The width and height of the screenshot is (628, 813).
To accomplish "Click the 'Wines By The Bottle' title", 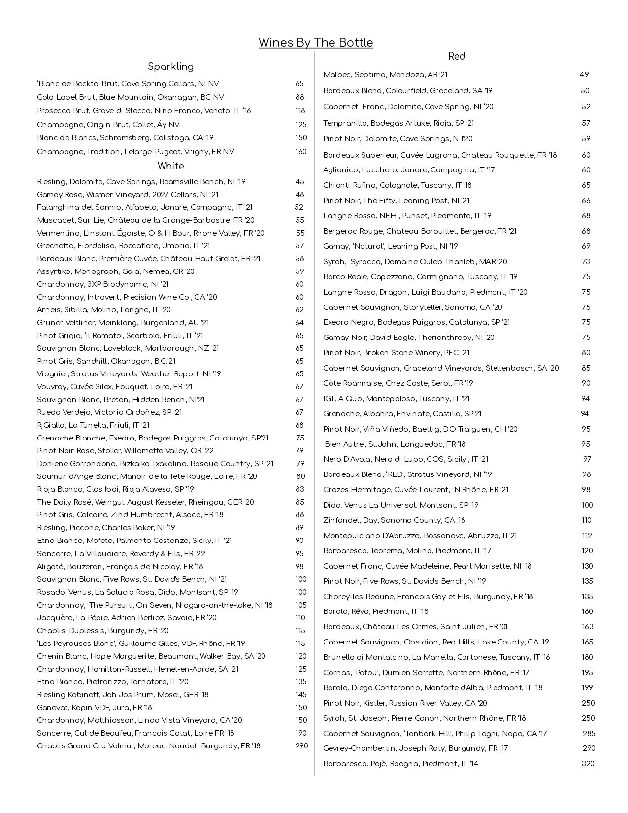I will [x=316, y=43].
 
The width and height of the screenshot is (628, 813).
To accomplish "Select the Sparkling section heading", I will [x=170, y=67].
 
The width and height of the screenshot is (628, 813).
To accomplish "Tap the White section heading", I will [x=170, y=166].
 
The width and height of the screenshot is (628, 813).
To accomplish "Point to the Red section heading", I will [x=457, y=56].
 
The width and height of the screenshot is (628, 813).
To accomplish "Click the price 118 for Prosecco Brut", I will [x=300, y=111].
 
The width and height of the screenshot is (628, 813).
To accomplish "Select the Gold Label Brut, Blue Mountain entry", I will [x=130, y=97].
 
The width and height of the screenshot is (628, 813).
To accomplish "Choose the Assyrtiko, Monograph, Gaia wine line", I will [x=116, y=271].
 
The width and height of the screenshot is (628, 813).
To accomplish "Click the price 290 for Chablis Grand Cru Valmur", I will [x=301, y=746].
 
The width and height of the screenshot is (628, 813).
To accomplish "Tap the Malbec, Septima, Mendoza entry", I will [x=385, y=75].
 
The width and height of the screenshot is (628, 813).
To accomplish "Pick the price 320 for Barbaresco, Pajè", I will [x=588, y=764].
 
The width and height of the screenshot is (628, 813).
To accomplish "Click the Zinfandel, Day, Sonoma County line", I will [x=394, y=520].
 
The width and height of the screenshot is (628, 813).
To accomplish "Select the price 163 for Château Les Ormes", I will [x=587, y=627].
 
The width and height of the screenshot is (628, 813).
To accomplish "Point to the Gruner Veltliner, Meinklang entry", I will [x=123, y=323].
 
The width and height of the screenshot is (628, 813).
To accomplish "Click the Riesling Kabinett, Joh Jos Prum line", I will [x=123, y=695].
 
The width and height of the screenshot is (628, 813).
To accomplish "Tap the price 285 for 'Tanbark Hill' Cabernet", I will [x=589, y=734].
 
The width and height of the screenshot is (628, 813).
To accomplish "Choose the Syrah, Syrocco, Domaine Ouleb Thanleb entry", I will [x=415, y=262].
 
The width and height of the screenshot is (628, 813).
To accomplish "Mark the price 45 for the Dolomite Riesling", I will [x=299, y=182].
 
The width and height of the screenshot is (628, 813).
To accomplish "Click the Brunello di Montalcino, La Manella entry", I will [x=436, y=657].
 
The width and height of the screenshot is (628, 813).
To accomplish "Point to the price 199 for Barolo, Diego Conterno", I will [x=588, y=688].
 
